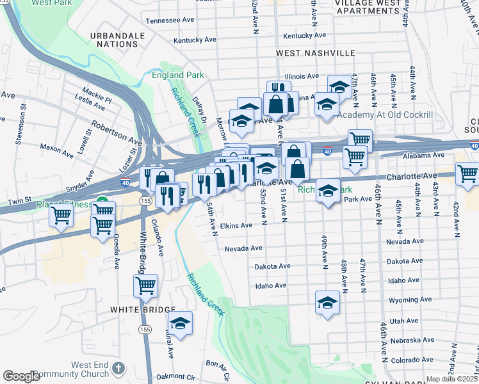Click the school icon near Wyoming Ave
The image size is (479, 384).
point(327,301)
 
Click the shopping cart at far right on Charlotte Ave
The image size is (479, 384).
point(467,172)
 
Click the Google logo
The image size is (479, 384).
point(21,376)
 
